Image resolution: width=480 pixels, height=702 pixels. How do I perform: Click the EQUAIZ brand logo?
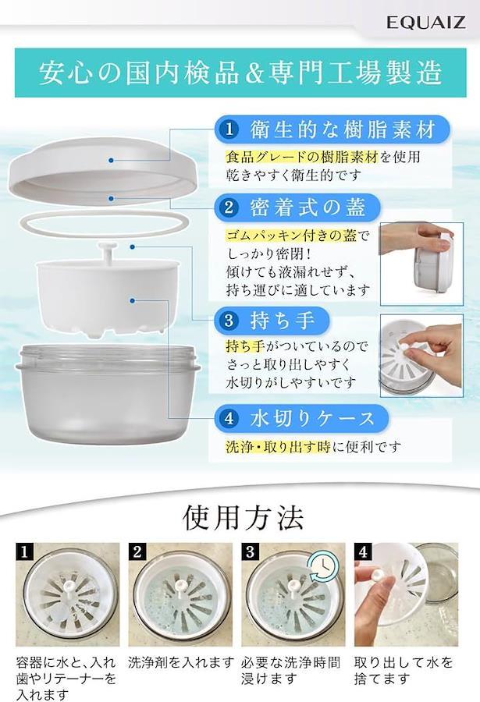[x=425, y=22]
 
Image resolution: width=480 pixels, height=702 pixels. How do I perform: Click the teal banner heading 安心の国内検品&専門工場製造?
[x=240, y=73]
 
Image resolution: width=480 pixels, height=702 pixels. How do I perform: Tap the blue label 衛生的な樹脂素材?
[x=332, y=129]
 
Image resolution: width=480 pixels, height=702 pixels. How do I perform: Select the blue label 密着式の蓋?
[x=297, y=207]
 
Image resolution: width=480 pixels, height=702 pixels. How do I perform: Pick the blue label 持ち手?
[x=272, y=321]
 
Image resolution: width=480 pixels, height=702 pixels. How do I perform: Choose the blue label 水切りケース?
[x=301, y=419]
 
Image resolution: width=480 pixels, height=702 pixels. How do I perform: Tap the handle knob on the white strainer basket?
[x=108, y=250]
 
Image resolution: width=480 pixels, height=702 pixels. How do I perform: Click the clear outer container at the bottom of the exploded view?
[x=108, y=394]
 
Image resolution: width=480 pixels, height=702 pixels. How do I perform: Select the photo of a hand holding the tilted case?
[x=421, y=264]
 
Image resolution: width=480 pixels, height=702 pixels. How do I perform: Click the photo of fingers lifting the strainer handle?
[x=421, y=356]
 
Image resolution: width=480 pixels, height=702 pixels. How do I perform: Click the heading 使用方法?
[x=243, y=518]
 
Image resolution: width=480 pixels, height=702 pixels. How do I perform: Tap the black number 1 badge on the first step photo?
[x=24, y=551]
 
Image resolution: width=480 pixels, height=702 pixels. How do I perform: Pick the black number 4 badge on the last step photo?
[x=363, y=551]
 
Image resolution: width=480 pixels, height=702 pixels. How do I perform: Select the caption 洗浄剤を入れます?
[x=181, y=662]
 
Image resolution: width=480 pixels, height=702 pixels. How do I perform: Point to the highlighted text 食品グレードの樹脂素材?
[x=303, y=156]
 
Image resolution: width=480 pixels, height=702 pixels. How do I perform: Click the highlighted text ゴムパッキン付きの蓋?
[x=292, y=236]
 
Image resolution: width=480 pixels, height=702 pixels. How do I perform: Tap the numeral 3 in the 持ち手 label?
[x=229, y=321]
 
